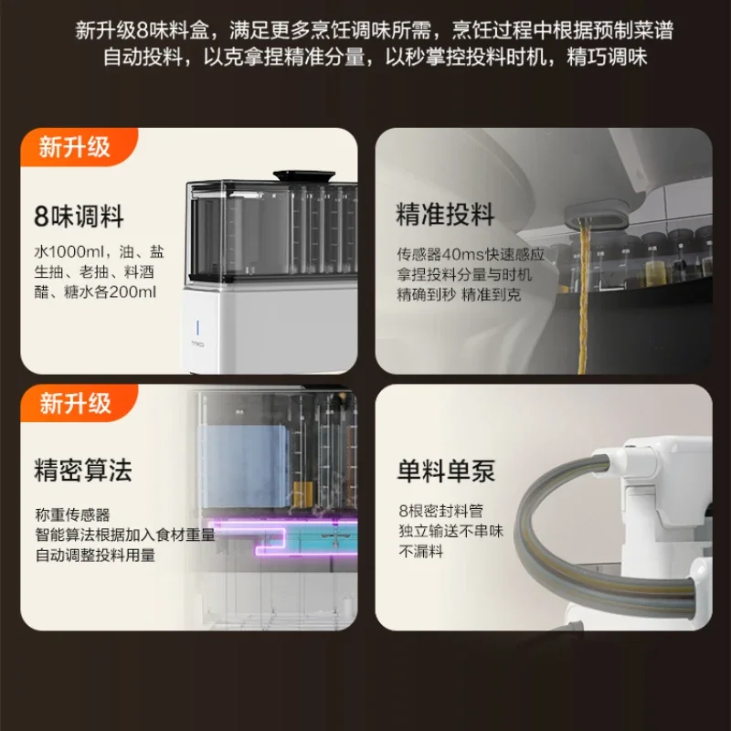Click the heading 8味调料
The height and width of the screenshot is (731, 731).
point(79,217)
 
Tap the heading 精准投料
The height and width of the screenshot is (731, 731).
point(445,215)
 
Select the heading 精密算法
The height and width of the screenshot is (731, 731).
point(83,470)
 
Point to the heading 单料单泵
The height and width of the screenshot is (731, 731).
point(446,471)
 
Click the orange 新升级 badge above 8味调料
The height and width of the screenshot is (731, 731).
point(75,147)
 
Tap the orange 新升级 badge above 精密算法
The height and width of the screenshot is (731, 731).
point(75,403)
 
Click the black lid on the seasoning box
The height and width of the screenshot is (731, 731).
point(304,176)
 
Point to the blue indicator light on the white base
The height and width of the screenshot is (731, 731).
point(197,327)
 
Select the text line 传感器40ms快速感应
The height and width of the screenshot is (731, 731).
point(471,255)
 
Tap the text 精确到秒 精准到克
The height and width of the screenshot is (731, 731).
point(459,295)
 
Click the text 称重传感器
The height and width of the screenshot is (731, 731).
point(72,514)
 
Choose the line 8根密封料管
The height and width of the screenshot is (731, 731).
point(440,511)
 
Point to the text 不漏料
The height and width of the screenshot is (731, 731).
point(420,552)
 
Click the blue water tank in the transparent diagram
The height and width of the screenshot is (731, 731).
point(245,466)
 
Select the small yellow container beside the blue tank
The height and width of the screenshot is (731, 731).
point(303,495)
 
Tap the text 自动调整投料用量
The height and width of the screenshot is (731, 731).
point(95,556)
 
